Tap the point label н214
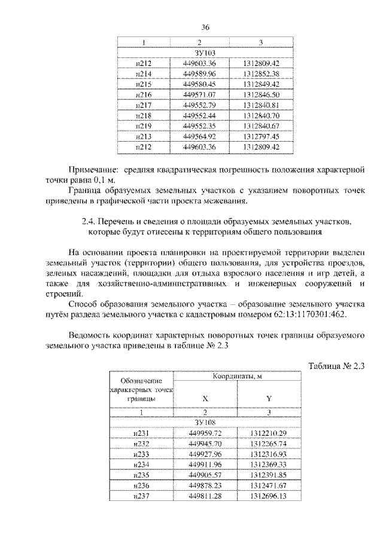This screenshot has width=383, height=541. (x=143, y=74)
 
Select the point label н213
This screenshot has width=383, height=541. (x=143, y=136)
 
